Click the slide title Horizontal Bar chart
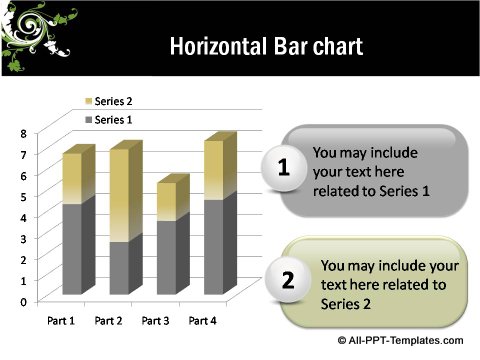pos(265,46)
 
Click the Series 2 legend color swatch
pos(87,102)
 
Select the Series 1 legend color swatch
pos(87,120)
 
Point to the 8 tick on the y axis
pos(25,133)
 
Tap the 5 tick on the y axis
pos(25,196)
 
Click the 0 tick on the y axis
pos(25,301)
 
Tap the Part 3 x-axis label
pos(155,321)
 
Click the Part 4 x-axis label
pos(202,321)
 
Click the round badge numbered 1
pos(284,170)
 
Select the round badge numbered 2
pos(288,281)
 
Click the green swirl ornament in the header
pos(35,38)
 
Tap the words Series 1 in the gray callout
pos(398,190)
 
